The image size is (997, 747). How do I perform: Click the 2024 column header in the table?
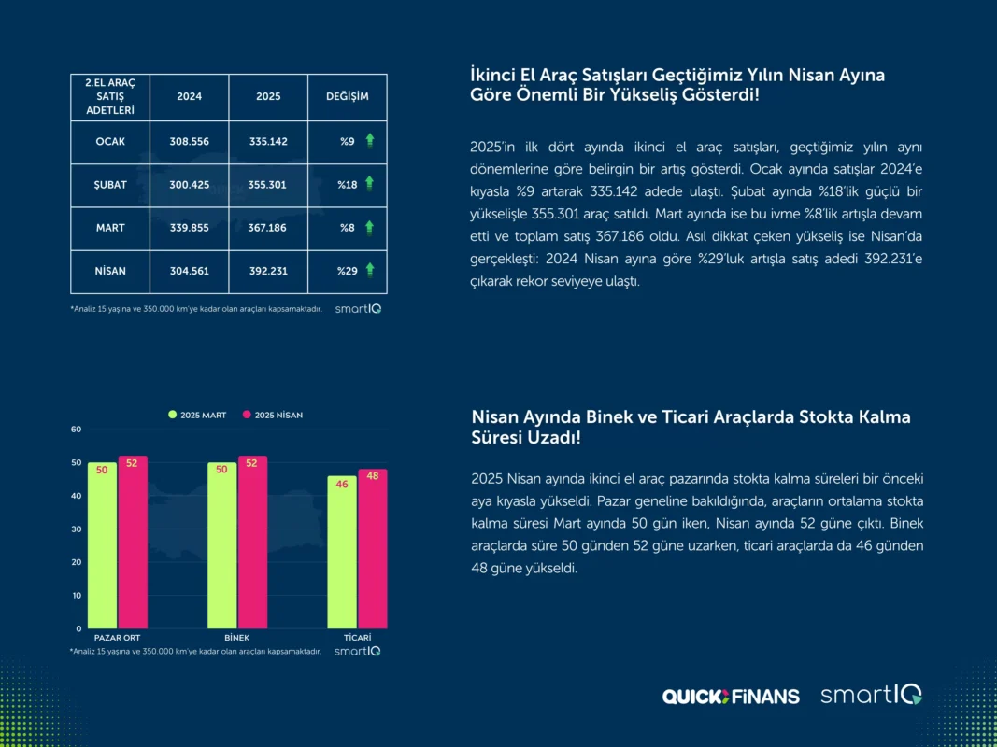click(x=189, y=97)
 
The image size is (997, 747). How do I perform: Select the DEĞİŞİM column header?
click(x=347, y=97)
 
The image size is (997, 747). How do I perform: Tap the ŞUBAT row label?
click(x=110, y=185)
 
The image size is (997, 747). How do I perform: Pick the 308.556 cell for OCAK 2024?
click(x=189, y=142)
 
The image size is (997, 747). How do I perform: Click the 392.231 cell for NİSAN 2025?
click(x=268, y=271)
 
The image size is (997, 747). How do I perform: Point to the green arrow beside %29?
click(x=370, y=270)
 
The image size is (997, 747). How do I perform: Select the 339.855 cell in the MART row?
click(x=189, y=228)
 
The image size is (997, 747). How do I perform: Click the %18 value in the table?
click(x=348, y=185)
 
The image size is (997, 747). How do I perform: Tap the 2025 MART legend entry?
click(x=199, y=416)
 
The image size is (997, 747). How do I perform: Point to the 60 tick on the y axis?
click(x=77, y=430)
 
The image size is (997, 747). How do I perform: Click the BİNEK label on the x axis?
click(x=237, y=637)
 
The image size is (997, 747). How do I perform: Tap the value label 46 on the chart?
click(x=342, y=485)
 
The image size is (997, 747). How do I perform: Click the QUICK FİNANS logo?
click(x=731, y=696)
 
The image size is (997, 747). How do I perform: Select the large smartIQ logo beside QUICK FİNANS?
click(x=871, y=695)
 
